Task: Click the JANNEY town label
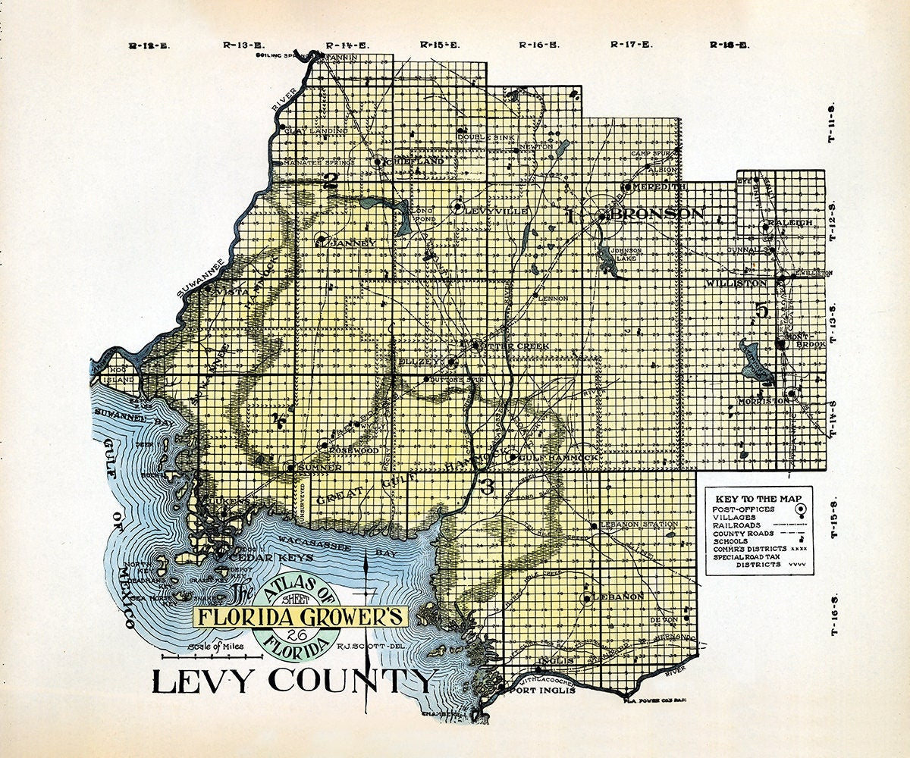[x=353, y=243]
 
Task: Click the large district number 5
[x=761, y=310]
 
